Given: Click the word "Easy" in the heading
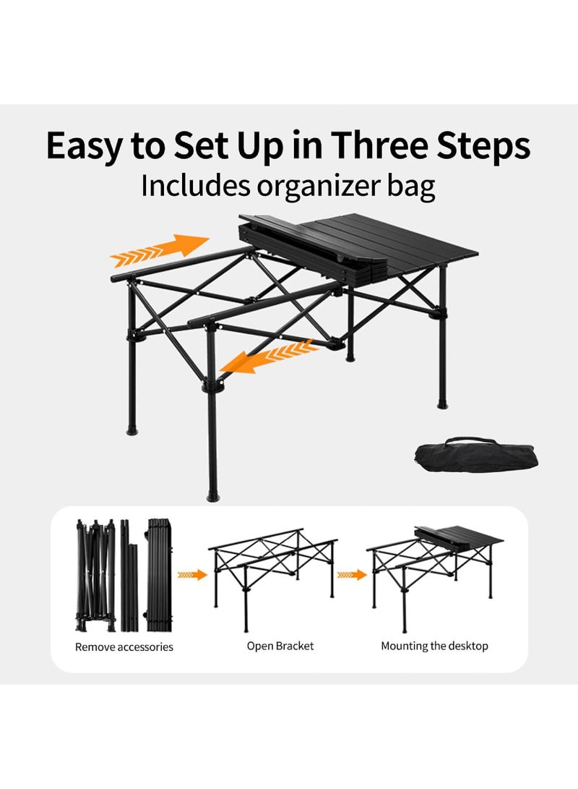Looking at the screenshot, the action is (x=85, y=146).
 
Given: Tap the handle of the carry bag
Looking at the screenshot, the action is (x=471, y=440).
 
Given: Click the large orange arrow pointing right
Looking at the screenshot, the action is (x=160, y=250).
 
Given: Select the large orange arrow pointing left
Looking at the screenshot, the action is (x=269, y=357).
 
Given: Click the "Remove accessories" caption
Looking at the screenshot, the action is (x=124, y=647).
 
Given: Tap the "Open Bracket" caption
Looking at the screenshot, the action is (x=280, y=646).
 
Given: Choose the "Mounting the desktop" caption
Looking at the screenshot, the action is (x=434, y=646).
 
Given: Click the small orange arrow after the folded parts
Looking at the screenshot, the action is (x=192, y=575).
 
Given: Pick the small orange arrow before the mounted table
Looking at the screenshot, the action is (x=352, y=575).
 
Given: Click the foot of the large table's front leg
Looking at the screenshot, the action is (x=213, y=497).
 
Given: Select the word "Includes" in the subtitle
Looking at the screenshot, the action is (x=195, y=185).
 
